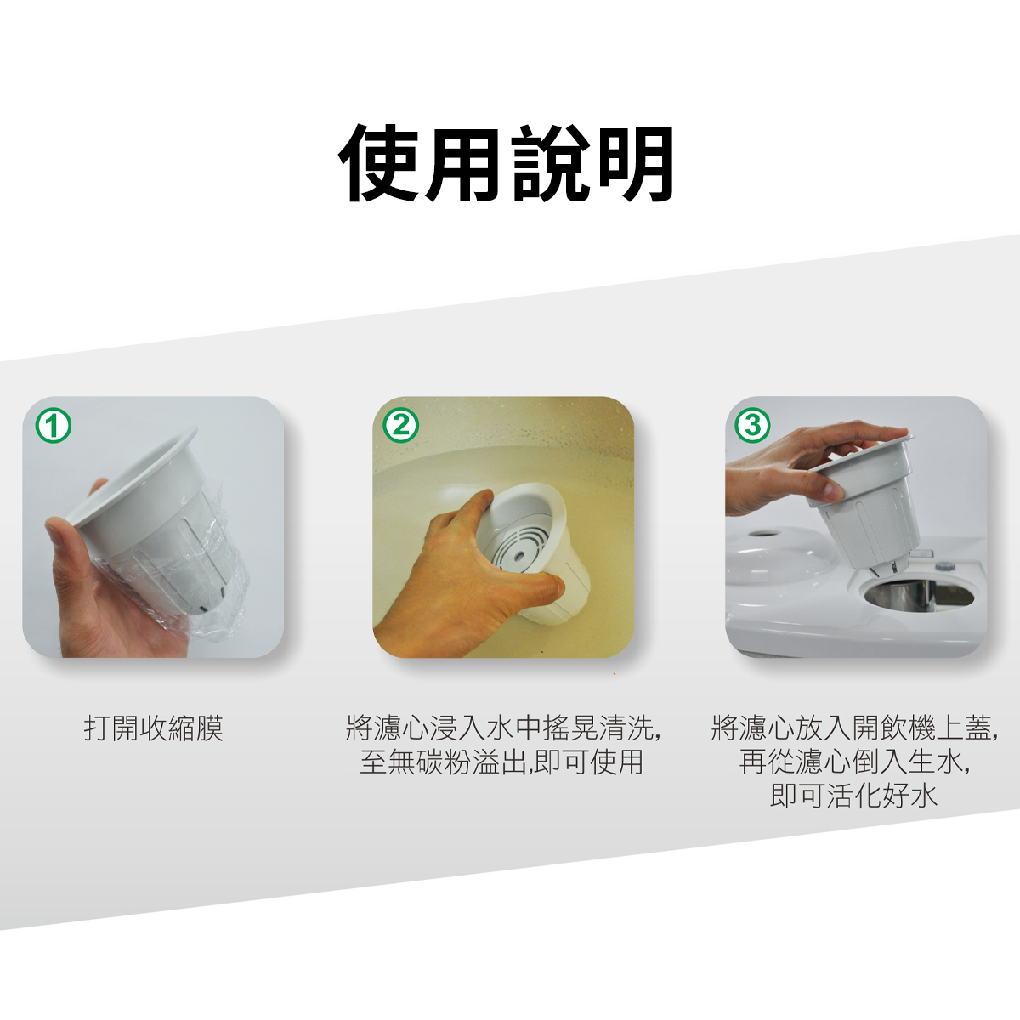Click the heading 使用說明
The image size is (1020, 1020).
507,164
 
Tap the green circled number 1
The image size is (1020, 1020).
54,425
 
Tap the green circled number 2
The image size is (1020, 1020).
401,425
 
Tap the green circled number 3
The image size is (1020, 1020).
753,425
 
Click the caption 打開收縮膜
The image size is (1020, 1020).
154,728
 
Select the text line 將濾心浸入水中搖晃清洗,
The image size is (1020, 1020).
503,728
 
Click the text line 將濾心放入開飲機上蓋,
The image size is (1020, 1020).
854,728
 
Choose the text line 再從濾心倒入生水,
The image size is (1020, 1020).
854,762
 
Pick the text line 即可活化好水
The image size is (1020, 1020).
853,796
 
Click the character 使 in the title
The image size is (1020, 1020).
381,164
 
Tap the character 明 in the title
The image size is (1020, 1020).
636,164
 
